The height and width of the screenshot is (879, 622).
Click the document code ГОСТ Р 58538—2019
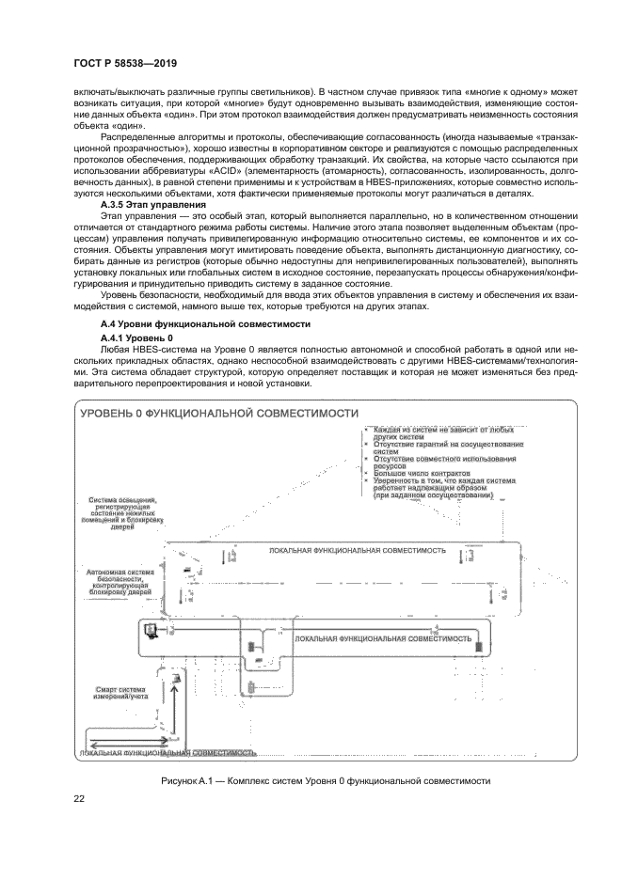tap(125, 64)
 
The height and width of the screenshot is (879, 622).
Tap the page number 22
tap(80, 799)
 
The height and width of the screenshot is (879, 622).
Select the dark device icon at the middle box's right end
tap(479, 648)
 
